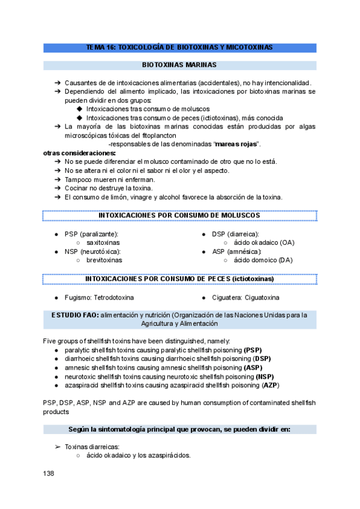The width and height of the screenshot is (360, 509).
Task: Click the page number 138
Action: (49, 474)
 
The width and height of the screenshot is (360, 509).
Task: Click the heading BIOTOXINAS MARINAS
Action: (179, 65)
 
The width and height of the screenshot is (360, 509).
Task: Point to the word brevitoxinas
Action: (104, 261)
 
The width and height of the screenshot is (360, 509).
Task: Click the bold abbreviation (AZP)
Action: (270, 385)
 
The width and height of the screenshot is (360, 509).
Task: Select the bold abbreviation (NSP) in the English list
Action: (265, 376)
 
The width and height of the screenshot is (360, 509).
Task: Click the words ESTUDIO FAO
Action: (74, 315)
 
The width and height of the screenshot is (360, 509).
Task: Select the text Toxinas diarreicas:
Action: (92, 447)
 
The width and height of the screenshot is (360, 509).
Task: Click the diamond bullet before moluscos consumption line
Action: (80, 109)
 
